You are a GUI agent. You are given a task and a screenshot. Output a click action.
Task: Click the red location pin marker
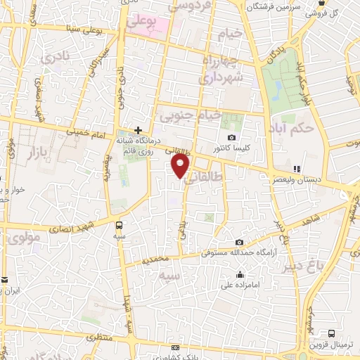click(x=181, y=166)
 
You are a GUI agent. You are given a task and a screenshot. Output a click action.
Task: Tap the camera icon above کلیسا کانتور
click(x=232, y=137)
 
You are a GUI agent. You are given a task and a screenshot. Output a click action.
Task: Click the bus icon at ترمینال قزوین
click(x=332, y=333)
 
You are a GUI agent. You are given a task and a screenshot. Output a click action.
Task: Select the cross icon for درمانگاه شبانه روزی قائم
click(x=139, y=130)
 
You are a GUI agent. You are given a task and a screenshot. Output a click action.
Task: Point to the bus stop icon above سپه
click(x=119, y=226)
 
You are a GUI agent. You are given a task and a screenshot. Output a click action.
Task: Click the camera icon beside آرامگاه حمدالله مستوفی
click(x=239, y=243)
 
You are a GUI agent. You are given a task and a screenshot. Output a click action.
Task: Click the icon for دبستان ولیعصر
click(x=297, y=169)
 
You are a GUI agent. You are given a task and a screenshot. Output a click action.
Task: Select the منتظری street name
click(x=99, y=337)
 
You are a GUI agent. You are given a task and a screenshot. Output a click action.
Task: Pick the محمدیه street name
click(x=156, y=259)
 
